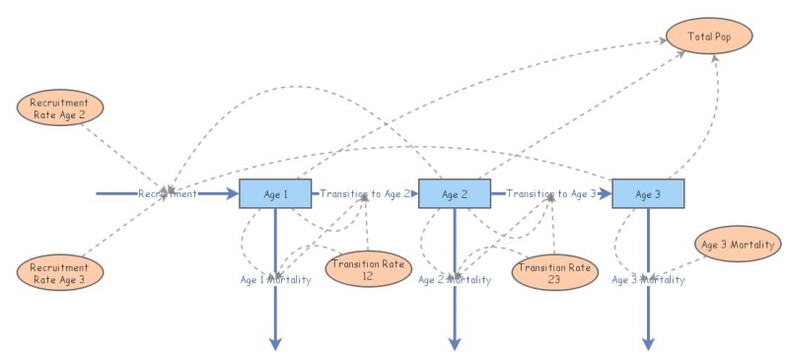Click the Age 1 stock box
point(275,193)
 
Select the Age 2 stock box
point(455,193)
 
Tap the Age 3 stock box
point(648,193)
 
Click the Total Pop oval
point(709,36)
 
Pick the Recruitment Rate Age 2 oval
point(60,108)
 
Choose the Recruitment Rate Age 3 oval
point(60,272)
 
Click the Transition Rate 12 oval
point(368,269)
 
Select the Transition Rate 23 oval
point(555,272)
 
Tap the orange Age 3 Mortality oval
point(738,244)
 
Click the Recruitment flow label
point(168,194)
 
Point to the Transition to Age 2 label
point(365,194)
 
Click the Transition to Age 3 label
point(551,194)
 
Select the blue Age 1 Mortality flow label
point(275,280)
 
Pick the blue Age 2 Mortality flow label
point(455,280)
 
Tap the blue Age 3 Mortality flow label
point(648,280)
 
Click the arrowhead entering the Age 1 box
point(233,193)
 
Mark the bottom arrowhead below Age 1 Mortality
point(275,343)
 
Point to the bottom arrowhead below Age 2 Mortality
point(455,343)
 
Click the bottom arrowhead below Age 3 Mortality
point(648,343)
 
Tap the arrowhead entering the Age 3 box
point(606,193)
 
